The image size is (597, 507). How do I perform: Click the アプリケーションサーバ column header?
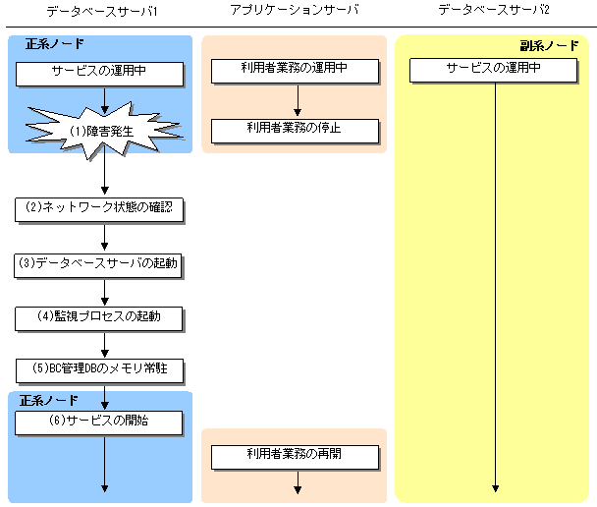295,11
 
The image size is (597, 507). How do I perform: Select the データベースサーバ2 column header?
493,11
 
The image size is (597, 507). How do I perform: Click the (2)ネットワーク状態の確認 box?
101,208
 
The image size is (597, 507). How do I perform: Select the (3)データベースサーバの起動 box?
101,263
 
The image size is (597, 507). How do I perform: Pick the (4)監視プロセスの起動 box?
101,317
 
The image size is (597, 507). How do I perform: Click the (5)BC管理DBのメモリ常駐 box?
101,369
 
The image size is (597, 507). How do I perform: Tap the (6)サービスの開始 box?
101,422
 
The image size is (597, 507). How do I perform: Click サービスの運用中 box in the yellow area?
493,72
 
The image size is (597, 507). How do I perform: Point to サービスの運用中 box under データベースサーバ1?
101,74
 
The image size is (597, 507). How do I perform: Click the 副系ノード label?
551,46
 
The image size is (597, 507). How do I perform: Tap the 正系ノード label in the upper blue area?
54,45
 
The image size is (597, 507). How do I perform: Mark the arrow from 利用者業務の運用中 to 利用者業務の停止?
296,100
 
